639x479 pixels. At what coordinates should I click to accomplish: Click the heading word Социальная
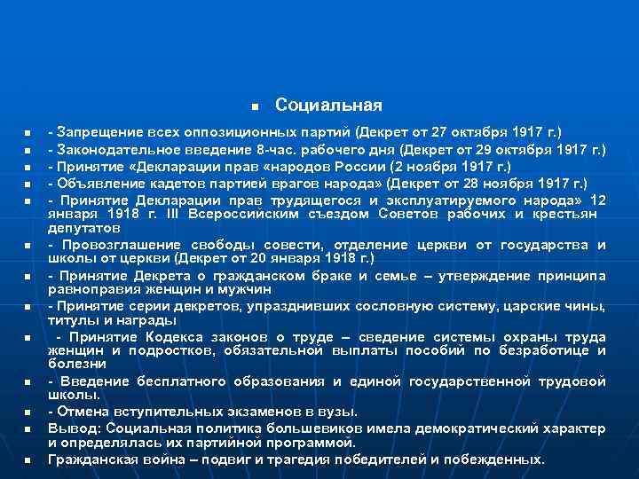tap(328, 106)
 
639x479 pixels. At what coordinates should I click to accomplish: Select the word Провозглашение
tap(113, 245)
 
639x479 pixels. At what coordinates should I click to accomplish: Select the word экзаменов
tap(237, 412)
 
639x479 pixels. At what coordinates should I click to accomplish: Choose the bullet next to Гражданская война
tap(28, 460)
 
